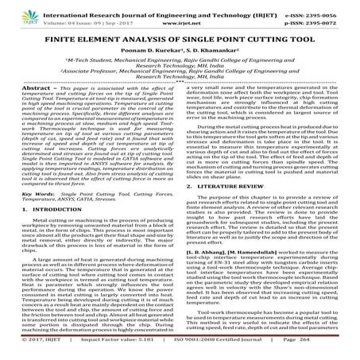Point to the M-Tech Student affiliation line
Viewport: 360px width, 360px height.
[180, 63]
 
